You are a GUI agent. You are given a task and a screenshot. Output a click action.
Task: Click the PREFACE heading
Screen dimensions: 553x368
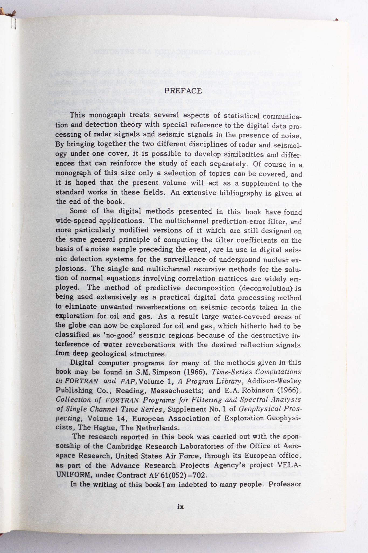tap(187, 91)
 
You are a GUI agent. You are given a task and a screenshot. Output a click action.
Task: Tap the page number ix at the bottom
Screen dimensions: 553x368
tap(180, 507)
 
